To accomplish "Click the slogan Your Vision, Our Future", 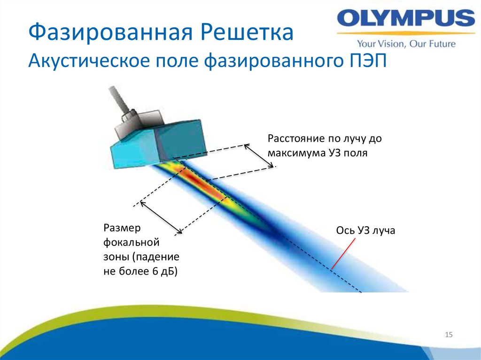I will point(406,44).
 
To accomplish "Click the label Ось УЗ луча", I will point(366,230).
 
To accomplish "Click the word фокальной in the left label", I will point(125,243).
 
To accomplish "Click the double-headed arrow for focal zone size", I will point(161,216).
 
